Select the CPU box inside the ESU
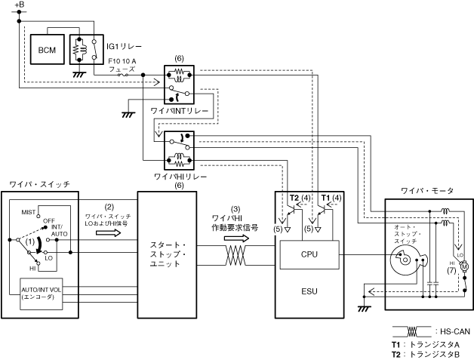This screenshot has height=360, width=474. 309,254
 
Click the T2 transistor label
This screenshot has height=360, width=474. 294,198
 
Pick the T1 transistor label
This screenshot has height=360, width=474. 326,198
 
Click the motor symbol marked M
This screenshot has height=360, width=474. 464,266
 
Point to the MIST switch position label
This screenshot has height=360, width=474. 29,213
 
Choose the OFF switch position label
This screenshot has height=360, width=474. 51,220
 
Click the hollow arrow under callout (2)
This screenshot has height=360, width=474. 109,234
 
